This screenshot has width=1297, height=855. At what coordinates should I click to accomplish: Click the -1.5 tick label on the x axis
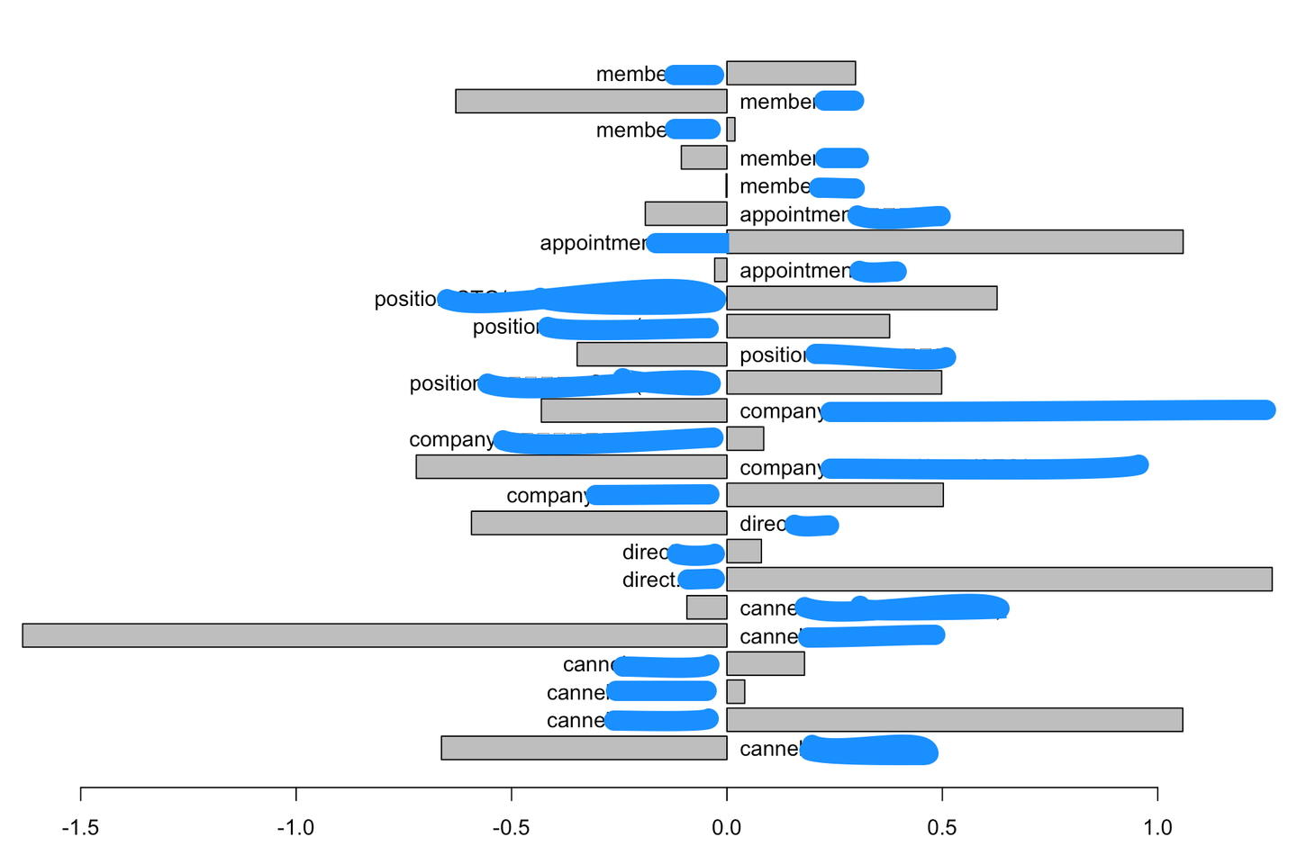tap(81, 827)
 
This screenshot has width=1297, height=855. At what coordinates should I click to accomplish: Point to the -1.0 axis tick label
tap(295, 827)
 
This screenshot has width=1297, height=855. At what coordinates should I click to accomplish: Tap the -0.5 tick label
tap(511, 827)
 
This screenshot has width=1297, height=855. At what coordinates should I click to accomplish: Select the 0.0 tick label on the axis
tap(726, 827)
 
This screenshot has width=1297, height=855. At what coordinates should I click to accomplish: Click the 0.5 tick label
tap(941, 827)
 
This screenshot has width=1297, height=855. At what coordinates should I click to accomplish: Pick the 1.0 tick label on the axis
tap(1156, 827)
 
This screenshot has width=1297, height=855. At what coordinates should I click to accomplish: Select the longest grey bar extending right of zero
tap(999, 579)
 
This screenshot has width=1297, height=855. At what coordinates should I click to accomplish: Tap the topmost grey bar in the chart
tap(791, 73)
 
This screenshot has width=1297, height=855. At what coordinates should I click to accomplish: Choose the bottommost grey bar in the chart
tap(584, 748)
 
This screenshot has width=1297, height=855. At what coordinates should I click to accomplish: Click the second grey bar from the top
tap(591, 101)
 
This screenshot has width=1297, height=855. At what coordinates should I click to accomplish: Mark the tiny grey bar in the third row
tap(730, 130)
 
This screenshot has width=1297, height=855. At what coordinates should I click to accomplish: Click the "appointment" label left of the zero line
tap(593, 243)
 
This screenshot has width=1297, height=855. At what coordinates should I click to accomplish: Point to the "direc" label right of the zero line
tap(762, 524)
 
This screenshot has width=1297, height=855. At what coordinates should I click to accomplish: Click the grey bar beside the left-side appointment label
tap(955, 242)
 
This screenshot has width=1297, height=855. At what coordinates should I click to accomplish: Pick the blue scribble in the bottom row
tap(869, 750)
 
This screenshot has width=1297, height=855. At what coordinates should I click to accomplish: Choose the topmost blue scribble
tap(694, 75)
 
